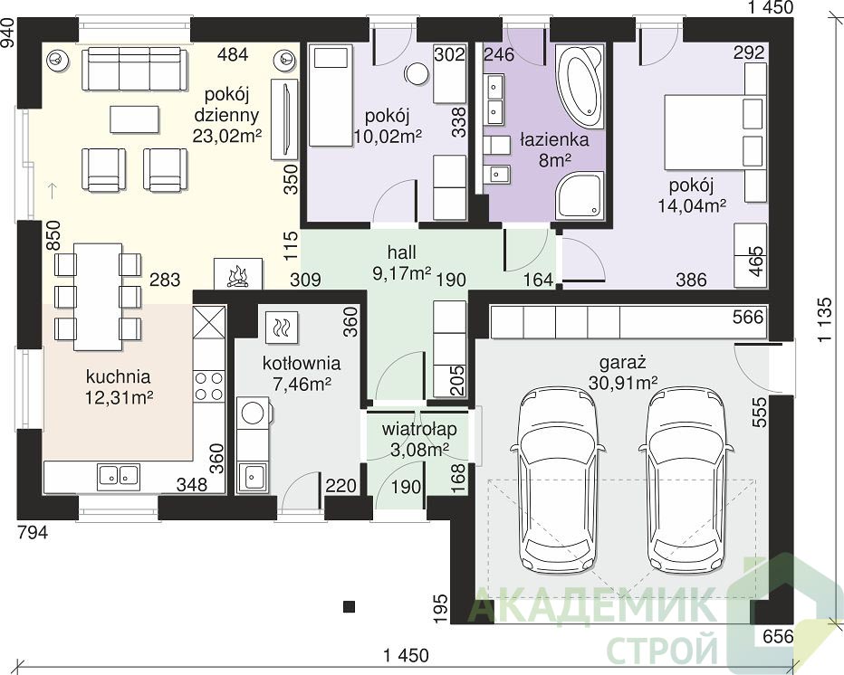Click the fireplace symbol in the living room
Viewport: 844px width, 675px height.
238,274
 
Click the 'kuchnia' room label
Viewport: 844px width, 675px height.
118,377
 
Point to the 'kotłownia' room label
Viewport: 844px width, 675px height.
302,363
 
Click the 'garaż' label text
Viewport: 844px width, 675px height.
623,363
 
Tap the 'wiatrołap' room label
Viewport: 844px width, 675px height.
419,429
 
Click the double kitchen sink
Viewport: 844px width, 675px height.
119,475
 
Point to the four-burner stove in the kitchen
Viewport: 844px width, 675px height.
209,385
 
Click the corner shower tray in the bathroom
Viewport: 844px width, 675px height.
580,195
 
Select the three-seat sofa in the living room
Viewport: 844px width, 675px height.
135,68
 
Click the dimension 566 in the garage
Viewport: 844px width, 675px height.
748,317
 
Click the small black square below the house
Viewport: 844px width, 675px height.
350,606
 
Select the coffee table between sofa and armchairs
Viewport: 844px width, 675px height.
135,119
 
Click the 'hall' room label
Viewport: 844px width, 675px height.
401,252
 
